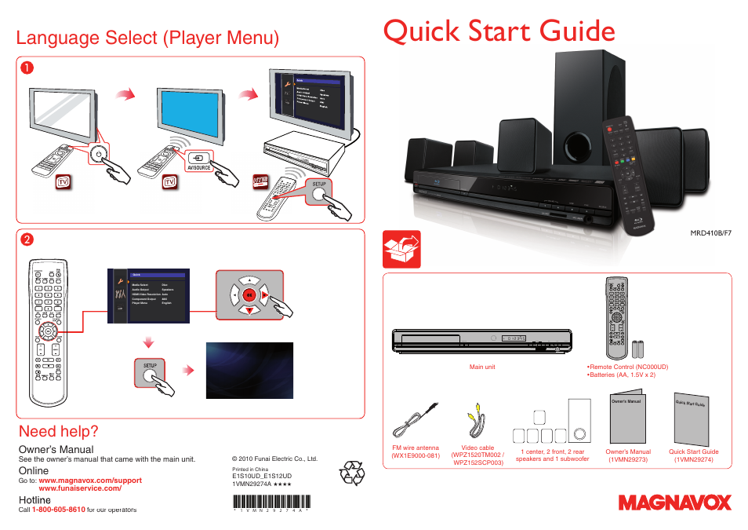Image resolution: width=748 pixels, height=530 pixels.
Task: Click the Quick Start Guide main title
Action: [499, 31]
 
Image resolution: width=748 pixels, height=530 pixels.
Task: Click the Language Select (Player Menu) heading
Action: [147, 38]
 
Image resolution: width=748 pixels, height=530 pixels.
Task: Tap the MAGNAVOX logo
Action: [674, 503]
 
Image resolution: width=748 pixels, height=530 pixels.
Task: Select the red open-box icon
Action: [401, 250]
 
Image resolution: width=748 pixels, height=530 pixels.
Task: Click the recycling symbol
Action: [351, 473]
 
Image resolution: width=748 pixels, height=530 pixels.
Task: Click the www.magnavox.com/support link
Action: [90, 480]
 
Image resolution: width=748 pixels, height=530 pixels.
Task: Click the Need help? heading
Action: [58, 431]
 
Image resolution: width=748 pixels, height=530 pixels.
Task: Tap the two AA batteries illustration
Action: [643, 349]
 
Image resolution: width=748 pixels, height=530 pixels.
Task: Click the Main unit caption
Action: [481, 367]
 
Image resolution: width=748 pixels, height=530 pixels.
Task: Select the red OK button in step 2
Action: [248, 295]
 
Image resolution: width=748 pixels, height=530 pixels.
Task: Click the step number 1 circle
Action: [27, 68]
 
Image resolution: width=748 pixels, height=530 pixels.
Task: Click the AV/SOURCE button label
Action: [199, 167]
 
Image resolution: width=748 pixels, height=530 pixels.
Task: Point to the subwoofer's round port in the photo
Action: [576, 147]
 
